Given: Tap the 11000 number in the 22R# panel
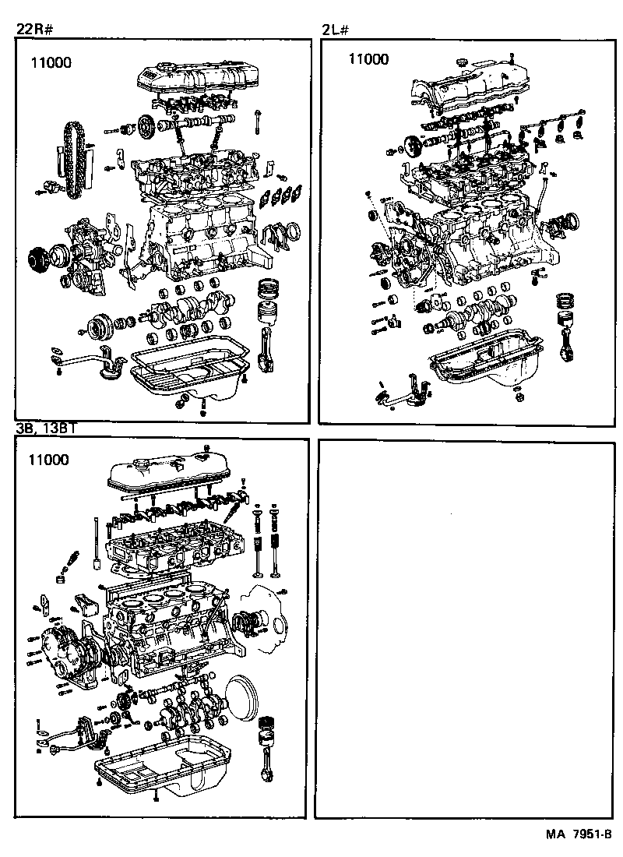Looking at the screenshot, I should click(51, 63).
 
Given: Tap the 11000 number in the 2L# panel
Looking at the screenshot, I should click(368, 58).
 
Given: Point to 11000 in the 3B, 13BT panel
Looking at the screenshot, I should click(48, 460).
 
